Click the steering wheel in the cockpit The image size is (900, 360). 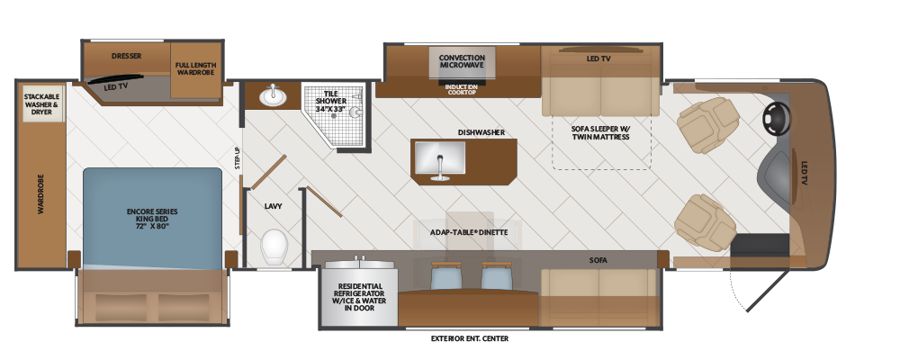776,120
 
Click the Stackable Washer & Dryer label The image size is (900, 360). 41,104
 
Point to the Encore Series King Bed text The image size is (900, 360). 152,219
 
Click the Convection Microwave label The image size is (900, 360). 462,61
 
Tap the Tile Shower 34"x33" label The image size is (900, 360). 330,101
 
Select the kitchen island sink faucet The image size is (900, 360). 440,167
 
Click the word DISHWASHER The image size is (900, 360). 481,132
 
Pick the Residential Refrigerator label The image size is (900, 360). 361,297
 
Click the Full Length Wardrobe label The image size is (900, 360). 195,69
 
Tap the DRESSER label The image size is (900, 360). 126,57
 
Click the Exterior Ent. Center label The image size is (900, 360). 470,338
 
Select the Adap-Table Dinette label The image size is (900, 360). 469,232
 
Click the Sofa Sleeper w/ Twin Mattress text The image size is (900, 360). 599,132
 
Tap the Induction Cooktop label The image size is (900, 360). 462,90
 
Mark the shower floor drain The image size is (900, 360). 334,115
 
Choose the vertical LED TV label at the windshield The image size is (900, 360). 804,172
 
